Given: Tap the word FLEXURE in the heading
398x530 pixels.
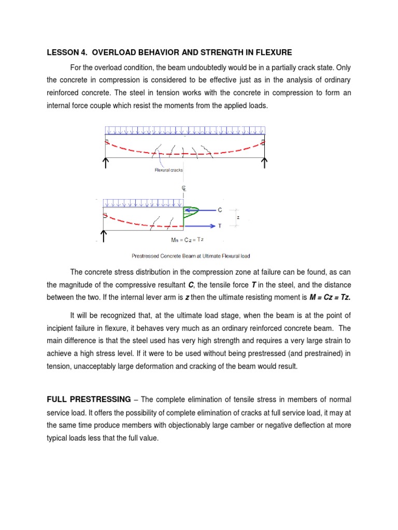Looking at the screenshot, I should pyautogui.click(x=272, y=52).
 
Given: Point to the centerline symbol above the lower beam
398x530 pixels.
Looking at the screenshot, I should pyautogui.click(x=183, y=189).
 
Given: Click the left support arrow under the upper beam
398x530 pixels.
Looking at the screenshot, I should pyautogui.click(x=106, y=164).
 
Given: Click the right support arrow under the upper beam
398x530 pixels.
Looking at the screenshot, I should pyautogui.click(x=264, y=164).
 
